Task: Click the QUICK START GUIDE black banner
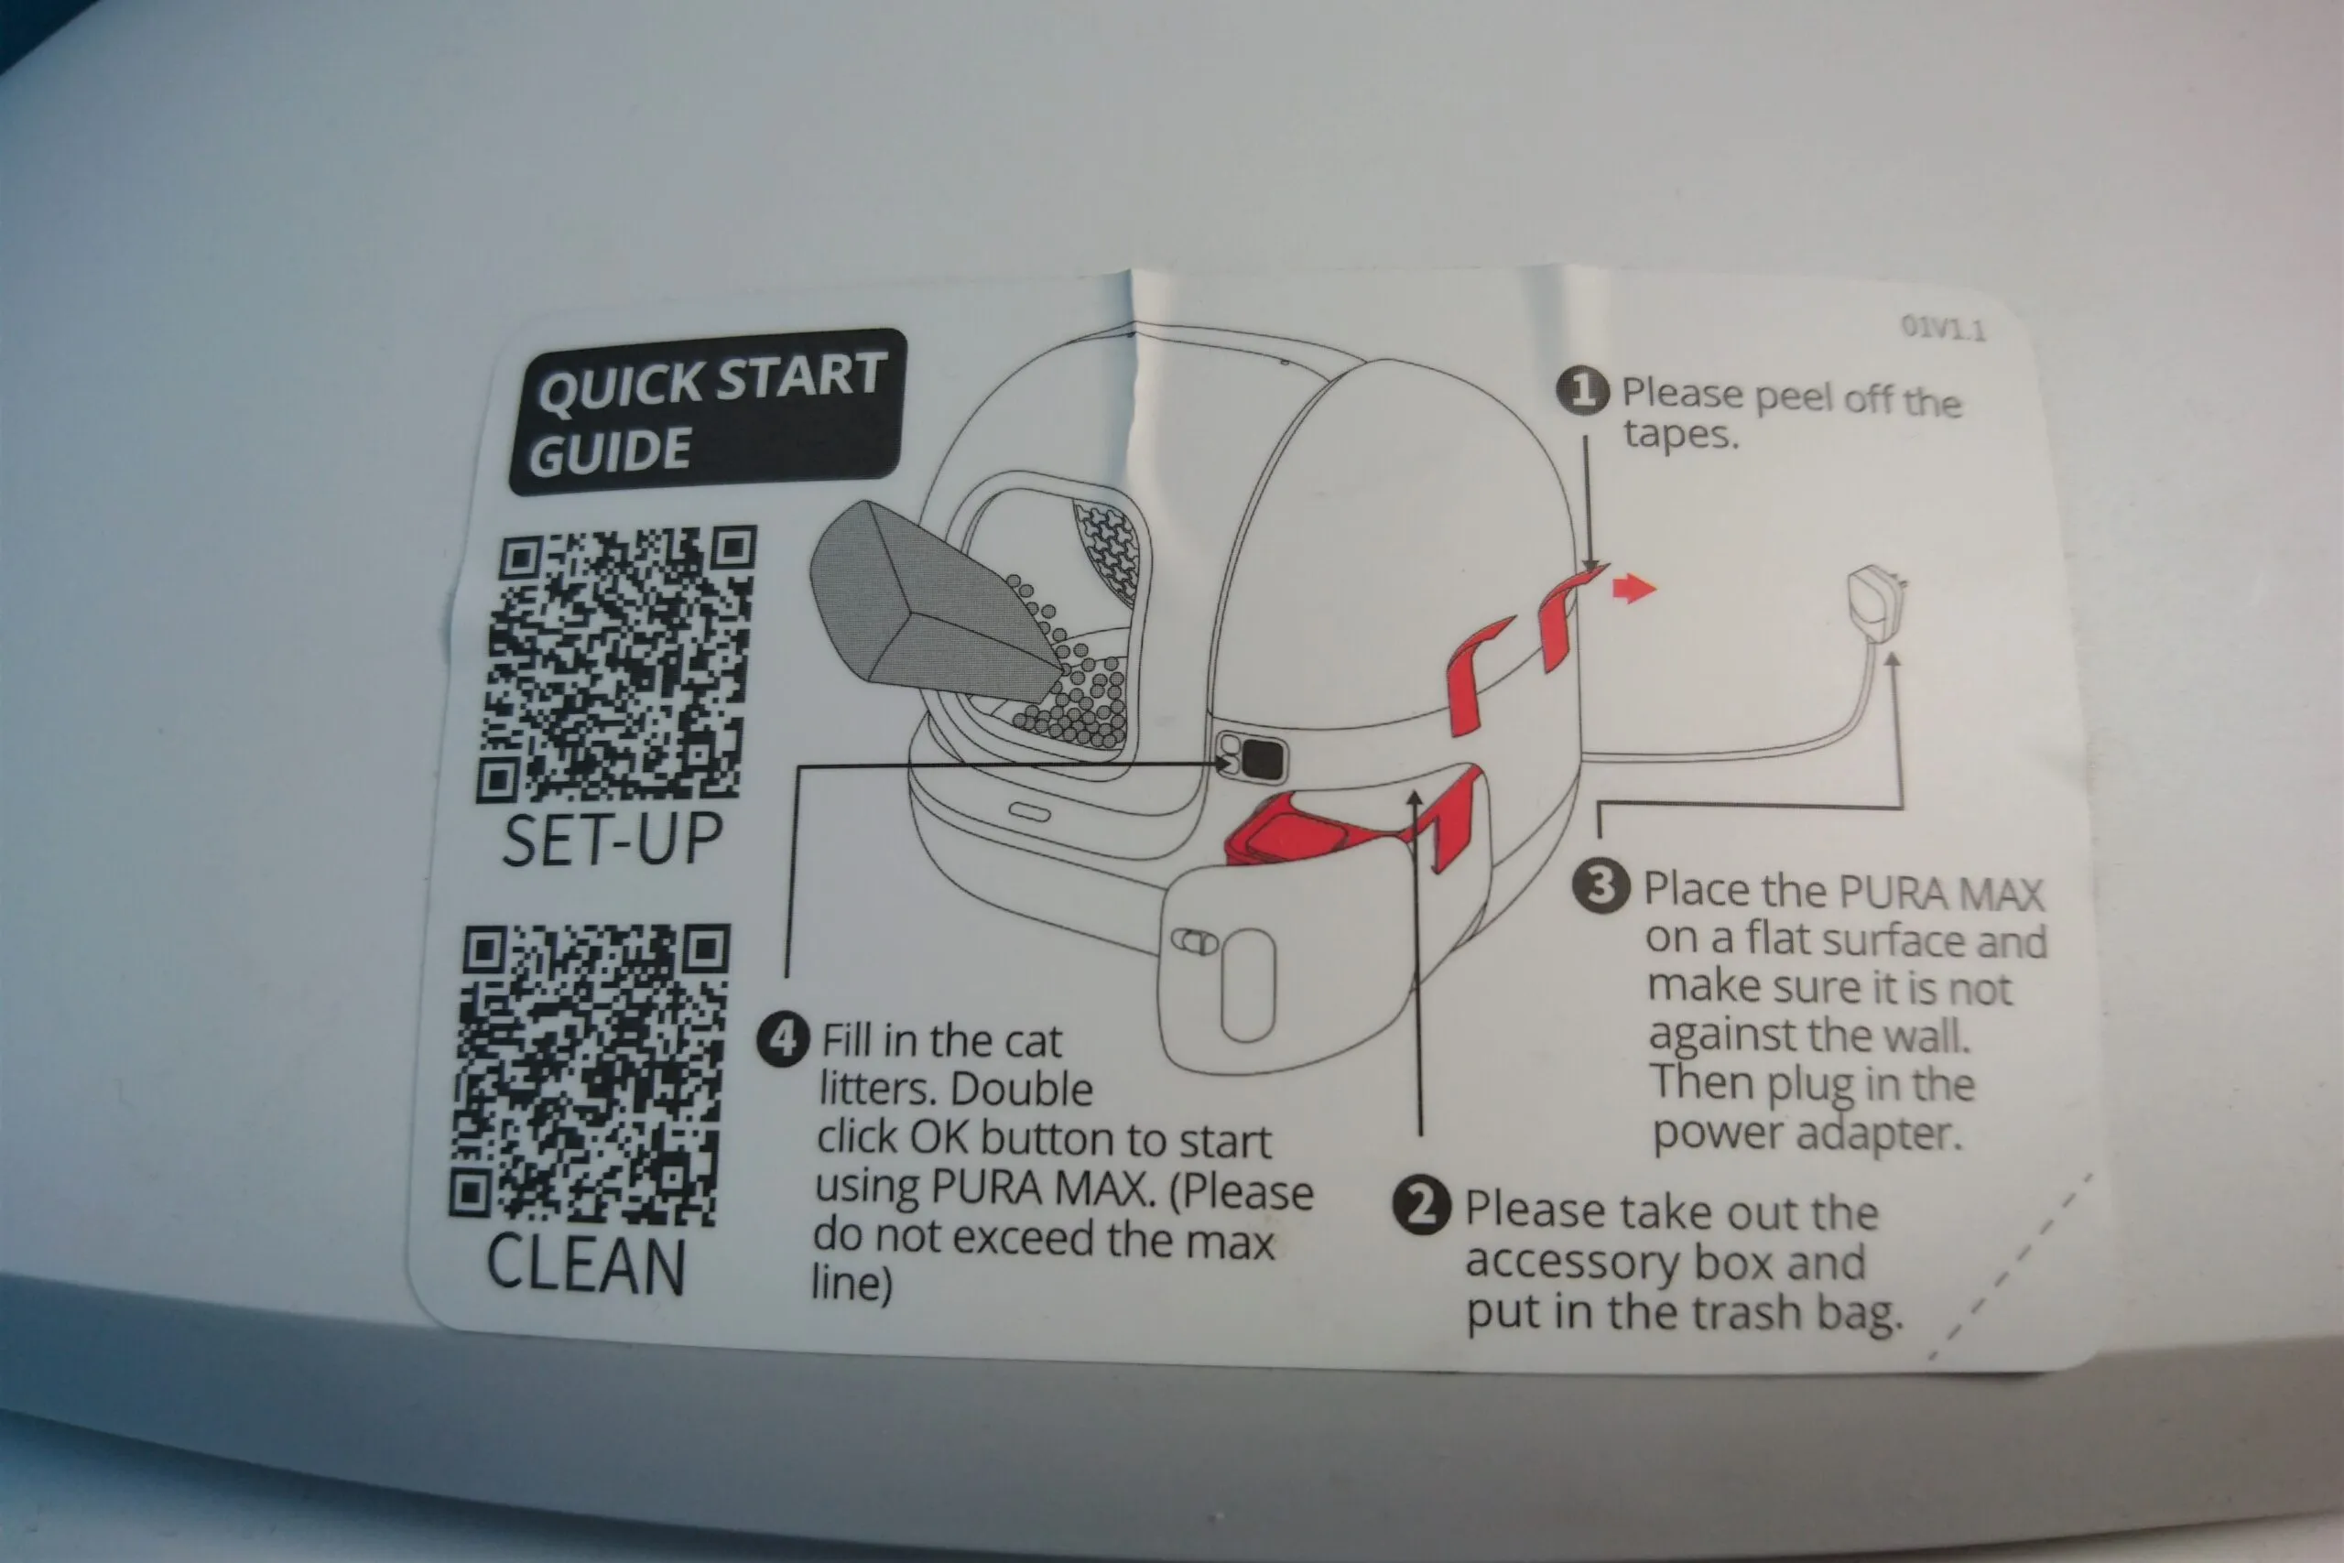point(707,412)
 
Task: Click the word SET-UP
point(612,840)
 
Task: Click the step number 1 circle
point(1582,391)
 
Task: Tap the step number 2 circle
point(1421,1206)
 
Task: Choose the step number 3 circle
point(1601,884)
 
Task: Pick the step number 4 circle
point(784,1039)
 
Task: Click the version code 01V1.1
point(1942,327)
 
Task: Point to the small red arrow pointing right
point(1633,588)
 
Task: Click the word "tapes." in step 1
point(1680,435)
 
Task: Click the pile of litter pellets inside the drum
point(1071,688)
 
